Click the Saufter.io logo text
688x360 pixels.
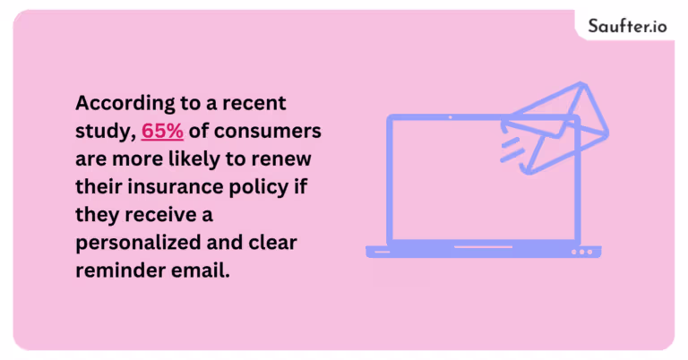point(627,26)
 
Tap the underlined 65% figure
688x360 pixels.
point(162,131)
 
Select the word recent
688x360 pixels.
point(254,103)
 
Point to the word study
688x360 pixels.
point(106,132)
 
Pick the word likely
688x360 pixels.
point(194,159)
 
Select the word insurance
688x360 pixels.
point(176,187)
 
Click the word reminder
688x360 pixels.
point(120,270)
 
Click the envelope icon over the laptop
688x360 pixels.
point(556,127)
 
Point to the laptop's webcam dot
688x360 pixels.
point(451,117)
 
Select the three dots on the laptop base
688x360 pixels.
point(581,253)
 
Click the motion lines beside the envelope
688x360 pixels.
point(512,150)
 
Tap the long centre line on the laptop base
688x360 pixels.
point(483,247)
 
